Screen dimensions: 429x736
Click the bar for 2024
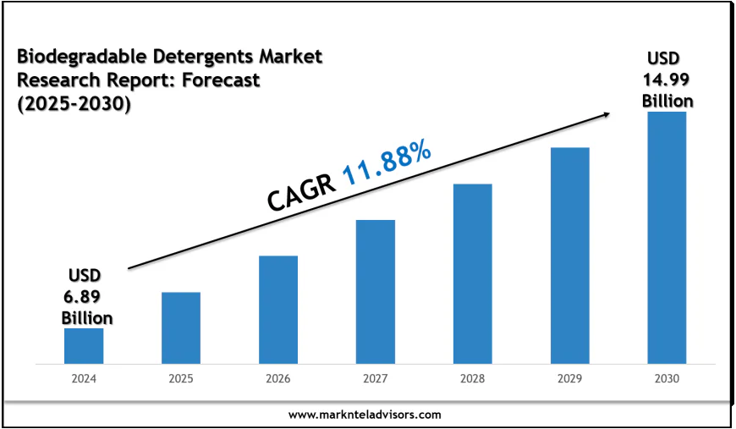[84, 346]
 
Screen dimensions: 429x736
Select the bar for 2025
[181, 328]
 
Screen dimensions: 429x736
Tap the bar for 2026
[278, 310]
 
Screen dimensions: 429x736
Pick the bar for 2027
[376, 292]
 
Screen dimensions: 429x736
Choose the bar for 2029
[570, 256]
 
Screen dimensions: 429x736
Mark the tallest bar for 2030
[667, 238]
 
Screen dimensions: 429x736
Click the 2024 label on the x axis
[84, 379]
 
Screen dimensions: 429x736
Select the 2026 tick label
[278, 379]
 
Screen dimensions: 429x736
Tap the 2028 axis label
[473, 379]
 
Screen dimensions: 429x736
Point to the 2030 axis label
[667, 379]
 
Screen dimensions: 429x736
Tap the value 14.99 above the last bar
[667, 80]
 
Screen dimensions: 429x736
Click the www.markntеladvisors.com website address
[365, 415]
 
